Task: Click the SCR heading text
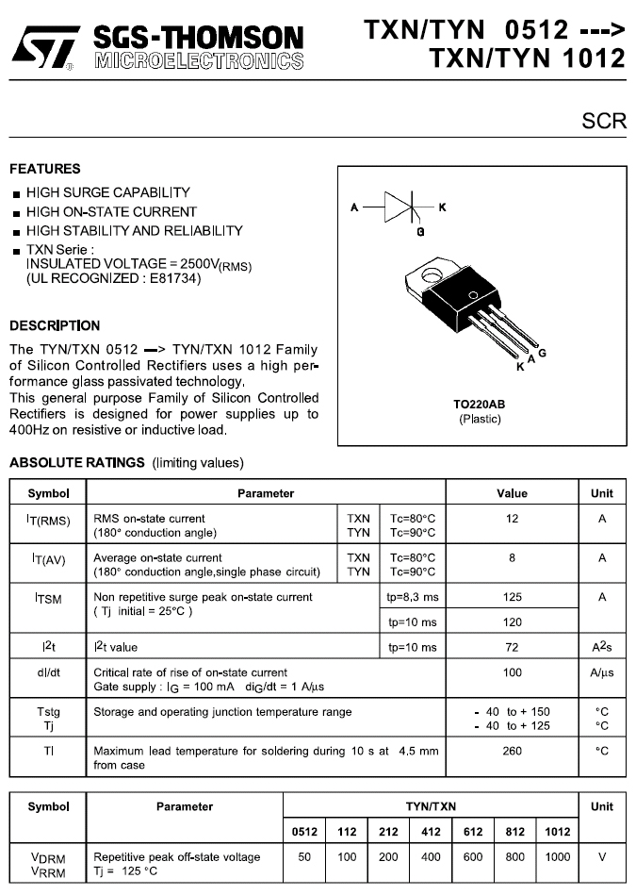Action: point(604,123)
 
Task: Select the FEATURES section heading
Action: point(45,170)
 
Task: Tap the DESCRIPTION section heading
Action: point(55,326)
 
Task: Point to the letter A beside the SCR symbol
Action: point(354,207)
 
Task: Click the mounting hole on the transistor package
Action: point(432,276)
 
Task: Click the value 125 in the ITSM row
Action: point(512,598)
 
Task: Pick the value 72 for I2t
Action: point(512,648)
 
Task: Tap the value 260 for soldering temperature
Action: point(512,752)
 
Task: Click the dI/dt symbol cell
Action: point(48,673)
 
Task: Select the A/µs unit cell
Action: point(601,673)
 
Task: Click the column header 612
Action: point(473,832)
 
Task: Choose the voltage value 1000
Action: point(557,857)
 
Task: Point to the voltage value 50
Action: point(303,857)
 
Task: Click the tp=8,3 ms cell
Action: point(412,598)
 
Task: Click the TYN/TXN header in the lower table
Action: point(431,807)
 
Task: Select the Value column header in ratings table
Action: point(512,493)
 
